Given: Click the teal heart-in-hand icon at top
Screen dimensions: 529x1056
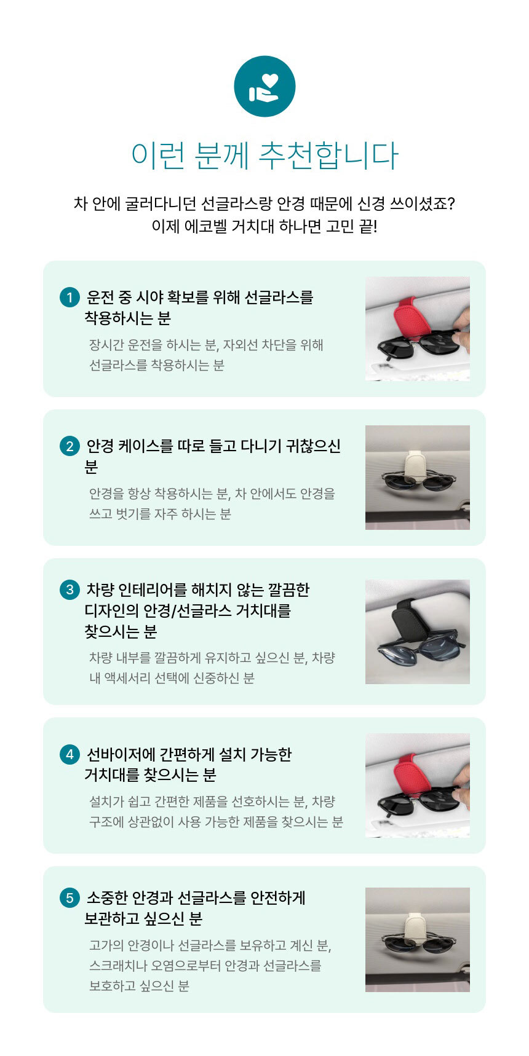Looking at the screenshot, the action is tap(264, 86).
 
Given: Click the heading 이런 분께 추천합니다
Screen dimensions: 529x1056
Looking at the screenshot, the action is tap(264, 156).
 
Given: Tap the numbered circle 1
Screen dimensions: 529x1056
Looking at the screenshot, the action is tap(70, 297).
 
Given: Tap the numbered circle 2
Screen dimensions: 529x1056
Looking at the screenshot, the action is tap(70, 446).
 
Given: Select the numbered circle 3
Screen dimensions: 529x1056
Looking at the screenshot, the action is tap(70, 590).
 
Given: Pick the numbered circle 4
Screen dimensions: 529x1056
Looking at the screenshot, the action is tap(70, 754).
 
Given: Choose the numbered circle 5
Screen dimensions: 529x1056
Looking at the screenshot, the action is tap(70, 898).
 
